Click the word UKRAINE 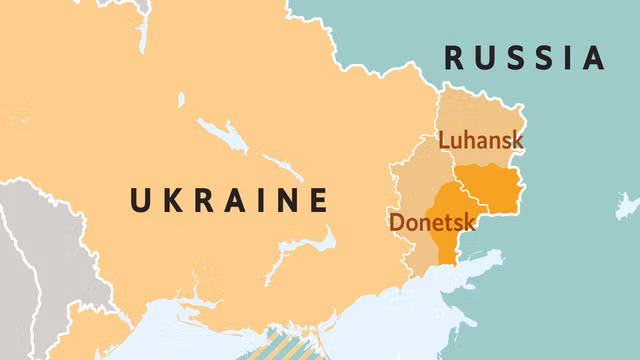click(229, 200)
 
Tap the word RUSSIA click(525, 58)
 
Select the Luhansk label click(481, 141)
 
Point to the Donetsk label click(432, 221)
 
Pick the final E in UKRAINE click(318, 200)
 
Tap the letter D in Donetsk click(397, 221)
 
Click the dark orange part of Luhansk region click(490, 187)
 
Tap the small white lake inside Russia click(627, 206)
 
